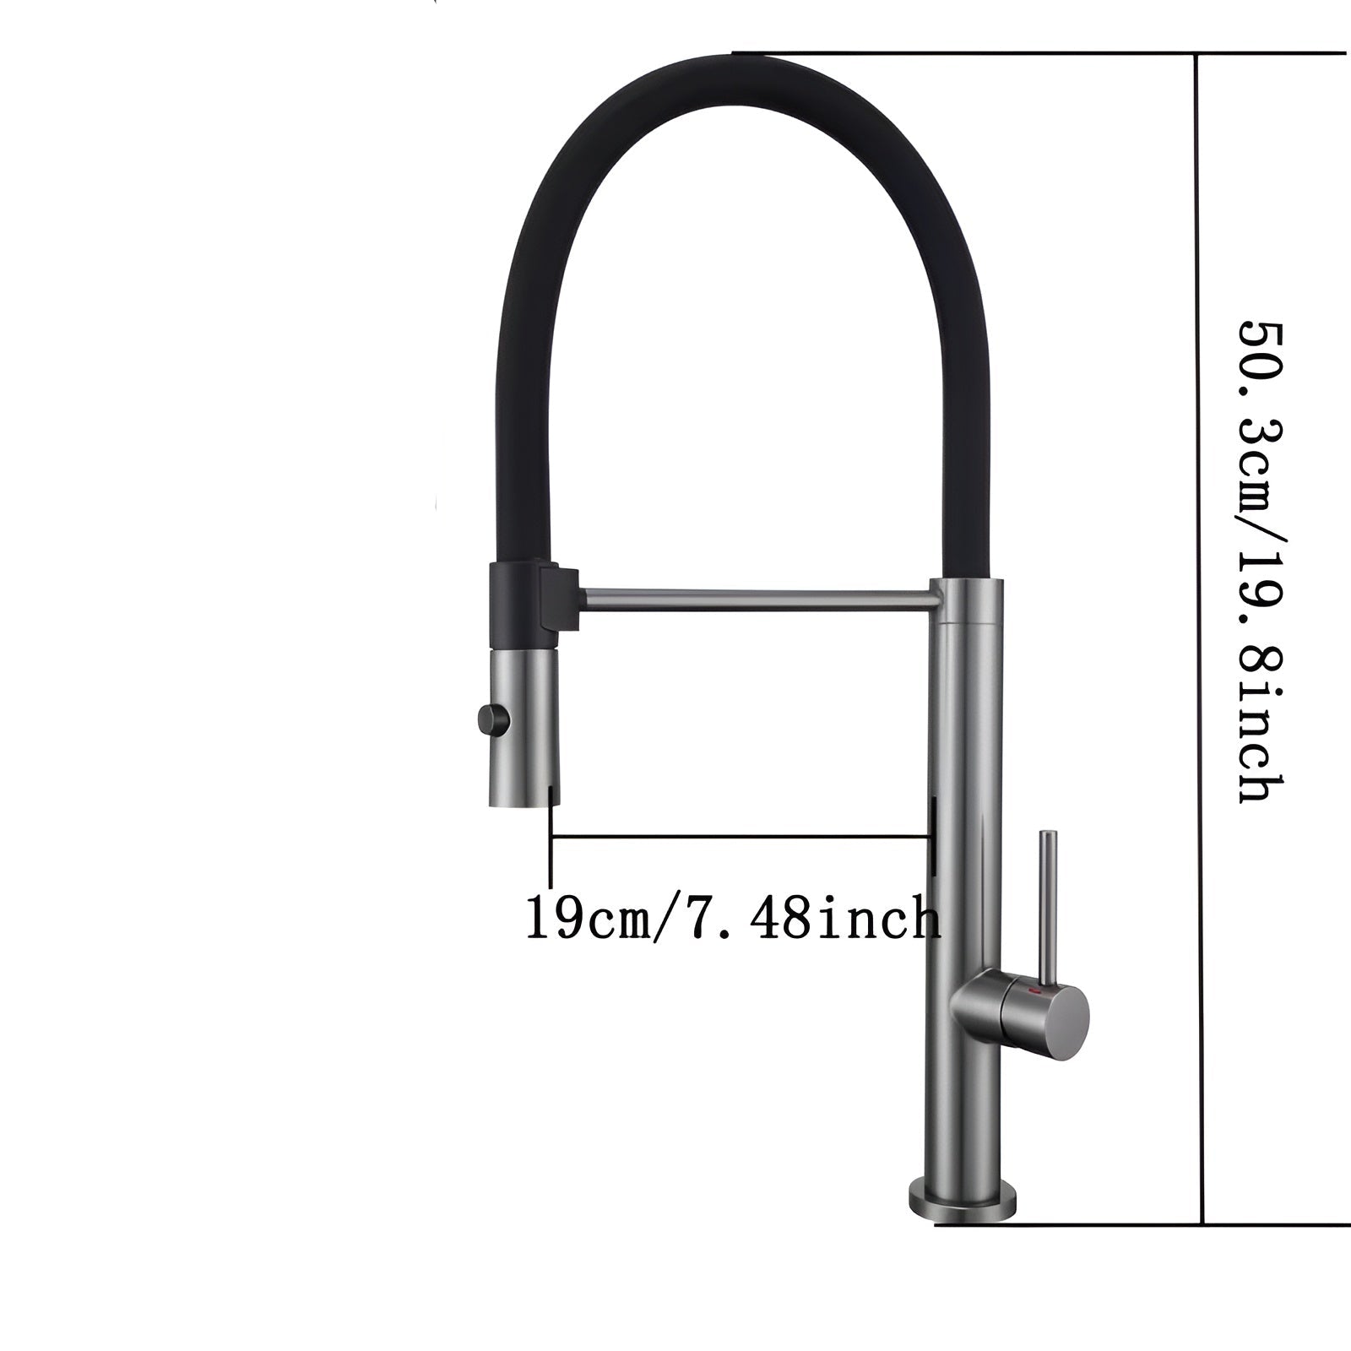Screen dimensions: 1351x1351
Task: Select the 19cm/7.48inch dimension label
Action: pyautogui.click(x=732, y=919)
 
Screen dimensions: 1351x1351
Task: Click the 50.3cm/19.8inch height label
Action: pyautogui.click(x=1261, y=562)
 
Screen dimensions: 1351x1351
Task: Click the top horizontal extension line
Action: pyautogui.click(x=1039, y=53)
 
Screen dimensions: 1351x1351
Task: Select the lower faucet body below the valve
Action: pyautogui.click(x=963, y=1106)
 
